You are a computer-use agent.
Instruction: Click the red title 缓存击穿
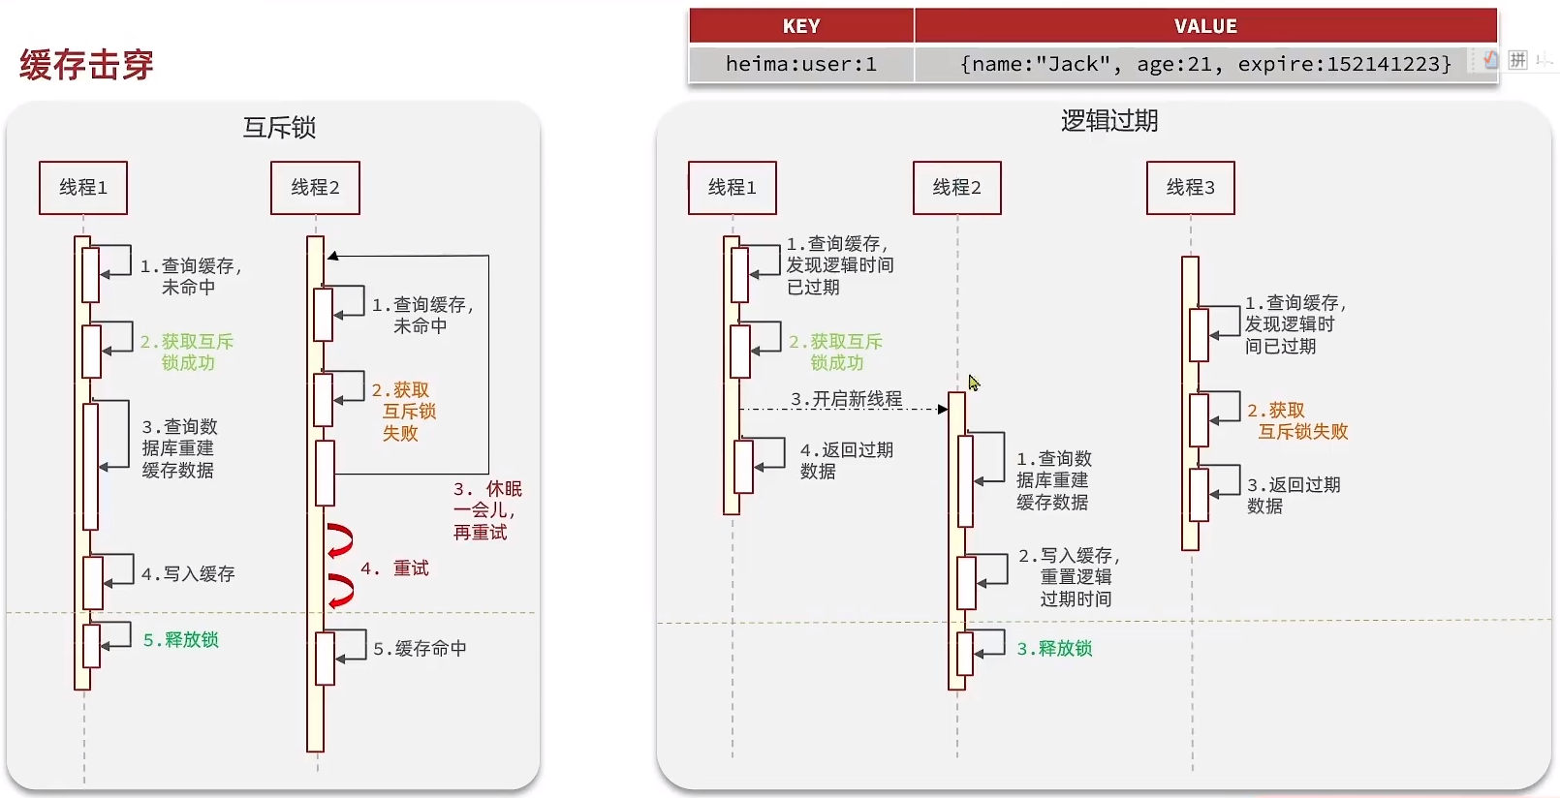[86, 65]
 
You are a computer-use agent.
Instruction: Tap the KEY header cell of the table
[801, 26]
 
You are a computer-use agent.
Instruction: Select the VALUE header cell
[1205, 26]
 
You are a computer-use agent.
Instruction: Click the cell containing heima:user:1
[801, 64]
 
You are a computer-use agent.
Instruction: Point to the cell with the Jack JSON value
[1205, 64]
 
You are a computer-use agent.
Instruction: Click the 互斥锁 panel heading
[279, 127]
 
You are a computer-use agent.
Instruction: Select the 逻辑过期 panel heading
[1109, 121]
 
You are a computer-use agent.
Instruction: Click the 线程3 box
[1190, 187]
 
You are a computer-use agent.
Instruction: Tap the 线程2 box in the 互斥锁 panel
[315, 187]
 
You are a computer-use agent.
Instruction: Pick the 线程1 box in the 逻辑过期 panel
[732, 187]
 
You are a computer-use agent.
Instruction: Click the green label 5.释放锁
[181, 640]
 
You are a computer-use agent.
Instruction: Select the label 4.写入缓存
[188, 574]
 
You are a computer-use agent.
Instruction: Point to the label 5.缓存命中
[420, 649]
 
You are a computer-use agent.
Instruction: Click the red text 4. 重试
[395, 568]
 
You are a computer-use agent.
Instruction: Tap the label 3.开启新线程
[846, 399]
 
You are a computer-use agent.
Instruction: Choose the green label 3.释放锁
[1054, 649]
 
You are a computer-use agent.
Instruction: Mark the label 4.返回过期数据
[846, 460]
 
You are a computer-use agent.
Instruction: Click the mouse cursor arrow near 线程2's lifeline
[973, 382]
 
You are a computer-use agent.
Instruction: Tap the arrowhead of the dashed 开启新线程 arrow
[943, 410]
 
